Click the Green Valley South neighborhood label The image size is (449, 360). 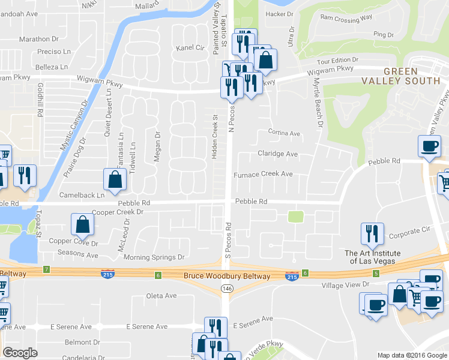(403, 76)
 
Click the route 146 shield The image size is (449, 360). (226, 289)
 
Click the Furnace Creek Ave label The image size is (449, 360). (263, 174)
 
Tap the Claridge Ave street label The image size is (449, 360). (277, 154)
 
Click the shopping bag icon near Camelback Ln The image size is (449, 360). (114, 178)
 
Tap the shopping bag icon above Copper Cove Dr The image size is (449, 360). (82, 224)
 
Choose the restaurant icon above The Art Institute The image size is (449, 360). (372, 233)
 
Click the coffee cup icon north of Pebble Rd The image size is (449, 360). (429, 146)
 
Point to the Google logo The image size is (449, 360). (20, 353)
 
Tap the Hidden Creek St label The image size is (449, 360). (214, 136)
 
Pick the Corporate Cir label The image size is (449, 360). (411, 229)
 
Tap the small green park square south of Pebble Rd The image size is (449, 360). (294, 217)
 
